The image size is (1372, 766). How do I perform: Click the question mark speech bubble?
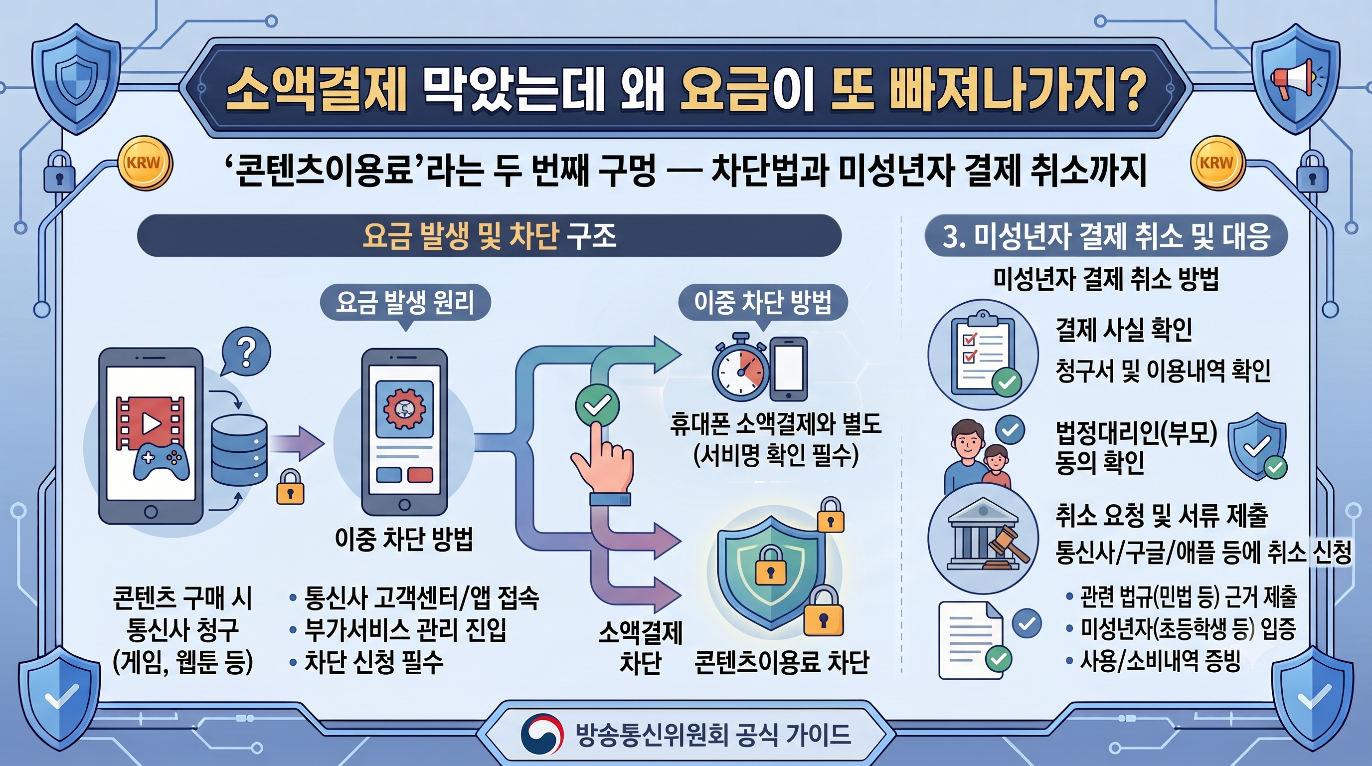(x=245, y=352)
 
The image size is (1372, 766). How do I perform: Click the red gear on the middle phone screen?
(x=405, y=409)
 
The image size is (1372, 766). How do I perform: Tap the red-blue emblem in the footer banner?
(x=541, y=735)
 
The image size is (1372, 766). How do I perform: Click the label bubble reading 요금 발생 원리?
(x=405, y=303)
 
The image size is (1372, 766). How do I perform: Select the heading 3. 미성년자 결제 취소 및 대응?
(x=1106, y=236)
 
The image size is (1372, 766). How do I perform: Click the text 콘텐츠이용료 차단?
(x=781, y=662)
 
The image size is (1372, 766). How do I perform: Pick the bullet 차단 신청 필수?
(x=367, y=662)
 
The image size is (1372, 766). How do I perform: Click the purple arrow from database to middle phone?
(x=298, y=443)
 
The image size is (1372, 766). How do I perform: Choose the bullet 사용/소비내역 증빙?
(x=1154, y=661)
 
